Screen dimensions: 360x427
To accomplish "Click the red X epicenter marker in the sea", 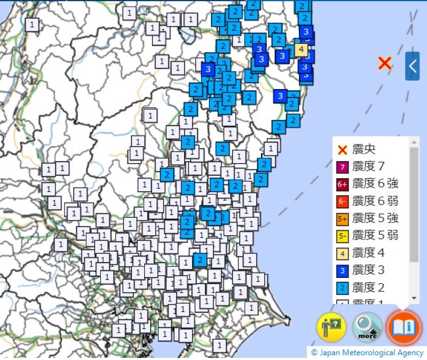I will (x=384, y=63).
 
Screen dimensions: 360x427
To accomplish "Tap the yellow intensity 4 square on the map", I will (x=301, y=50).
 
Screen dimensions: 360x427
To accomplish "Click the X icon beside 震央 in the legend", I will (x=342, y=150).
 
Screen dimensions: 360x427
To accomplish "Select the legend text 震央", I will (x=364, y=150).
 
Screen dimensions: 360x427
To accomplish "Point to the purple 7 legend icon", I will (x=342, y=167).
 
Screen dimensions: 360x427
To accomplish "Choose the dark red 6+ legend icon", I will (x=342, y=185).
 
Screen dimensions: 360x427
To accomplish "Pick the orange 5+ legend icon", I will (x=342, y=219).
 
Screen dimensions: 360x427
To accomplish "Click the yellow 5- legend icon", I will (x=342, y=236).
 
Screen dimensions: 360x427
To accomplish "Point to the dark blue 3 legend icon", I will (x=342, y=270).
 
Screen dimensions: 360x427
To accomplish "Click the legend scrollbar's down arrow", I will (x=414, y=298).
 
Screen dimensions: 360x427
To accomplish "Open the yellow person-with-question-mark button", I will (x=331, y=327).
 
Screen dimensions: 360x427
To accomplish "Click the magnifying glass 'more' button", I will (x=367, y=327).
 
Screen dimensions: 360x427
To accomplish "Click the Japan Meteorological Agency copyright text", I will (x=368, y=353).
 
